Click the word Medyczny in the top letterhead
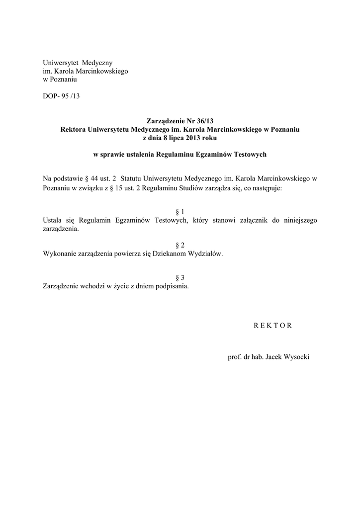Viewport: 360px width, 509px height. coord(98,63)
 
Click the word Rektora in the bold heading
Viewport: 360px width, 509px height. coord(73,129)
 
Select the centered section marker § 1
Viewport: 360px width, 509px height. coord(180,212)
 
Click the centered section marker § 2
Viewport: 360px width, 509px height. coord(180,246)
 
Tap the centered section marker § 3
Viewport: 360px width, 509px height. coord(180,278)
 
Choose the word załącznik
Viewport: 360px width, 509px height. coord(251,220)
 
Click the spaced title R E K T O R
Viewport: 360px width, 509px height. coord(269,326)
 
